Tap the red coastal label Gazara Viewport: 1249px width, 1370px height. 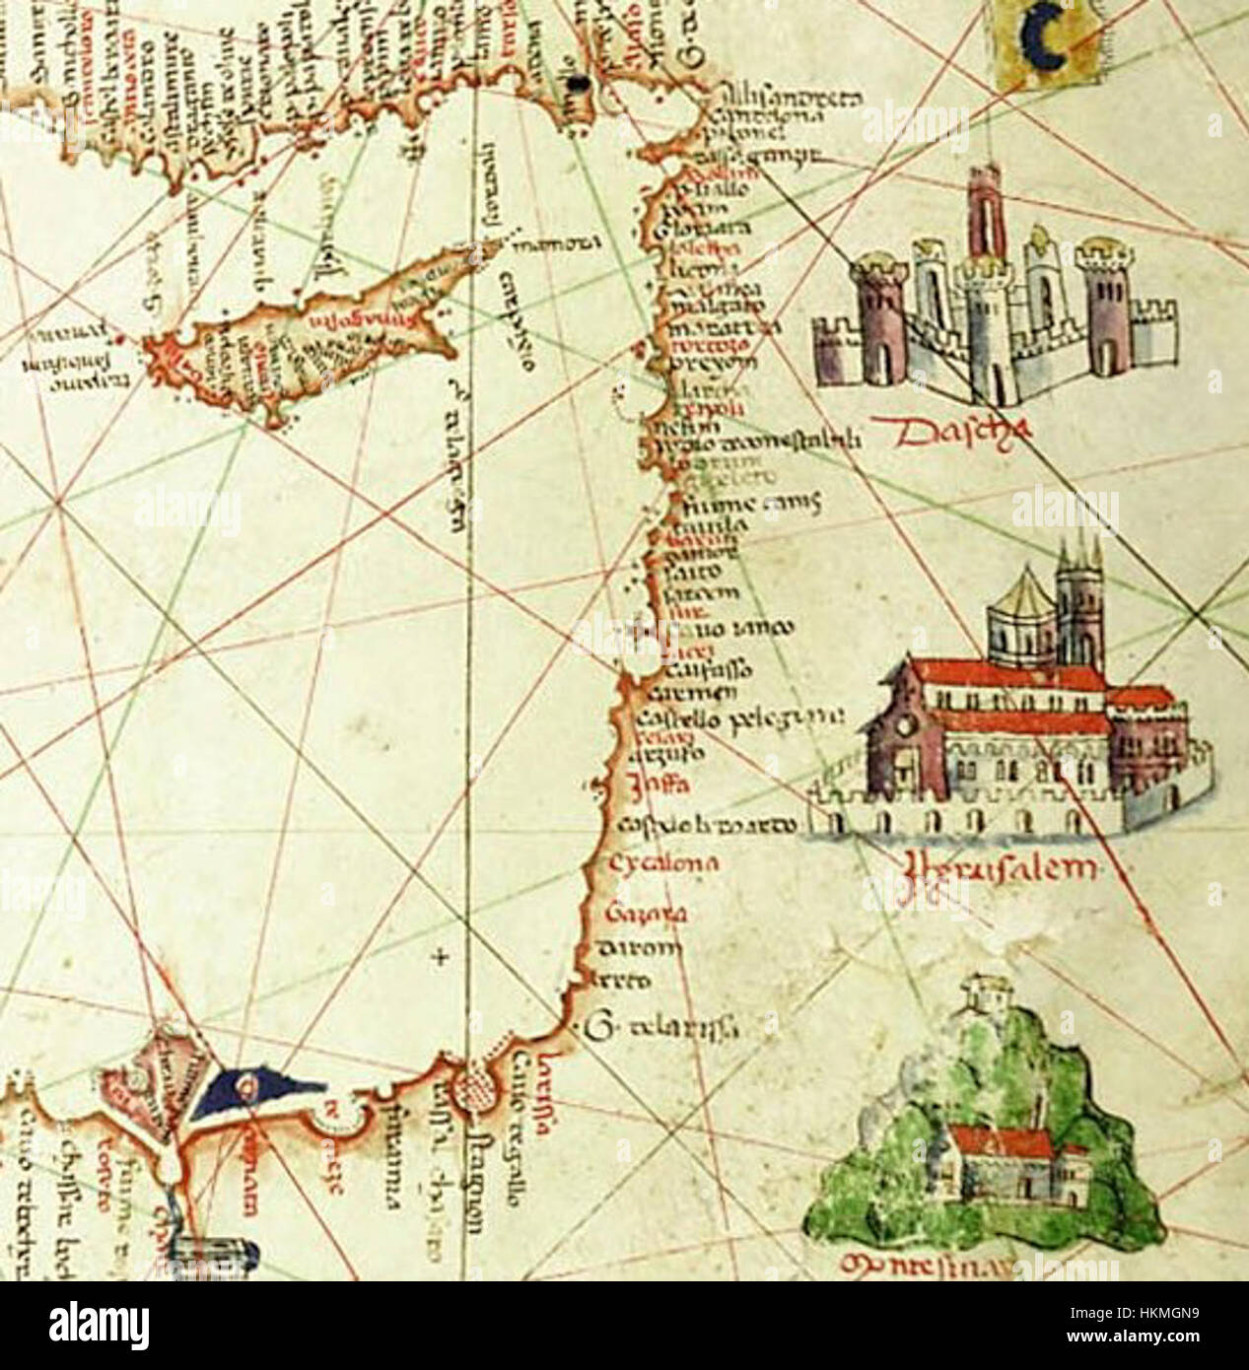pos(646,914)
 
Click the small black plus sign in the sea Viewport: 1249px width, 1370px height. pos(441,954)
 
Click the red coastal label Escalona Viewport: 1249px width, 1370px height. pos(660,864)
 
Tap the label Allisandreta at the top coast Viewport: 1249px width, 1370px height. pos(789,100)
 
